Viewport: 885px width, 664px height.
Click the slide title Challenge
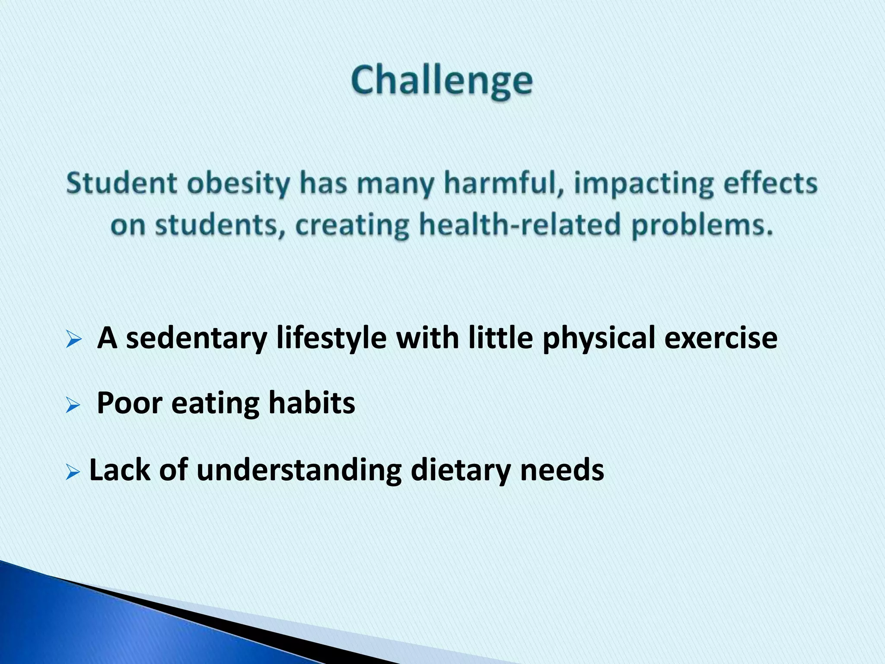tap(442, 81)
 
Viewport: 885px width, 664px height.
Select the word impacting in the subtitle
tap(643, 184)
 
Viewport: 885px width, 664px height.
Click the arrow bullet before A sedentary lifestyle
tap(74, 340)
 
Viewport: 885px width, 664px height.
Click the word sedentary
tap(197, 338)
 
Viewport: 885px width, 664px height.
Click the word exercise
tap(720, 338)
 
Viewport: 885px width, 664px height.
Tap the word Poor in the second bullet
tap(129, 403)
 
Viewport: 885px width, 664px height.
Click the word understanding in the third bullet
tap(299, 470)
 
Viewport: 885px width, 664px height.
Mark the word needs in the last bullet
tap(562, 470)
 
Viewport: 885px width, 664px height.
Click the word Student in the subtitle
tap(122, 183)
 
